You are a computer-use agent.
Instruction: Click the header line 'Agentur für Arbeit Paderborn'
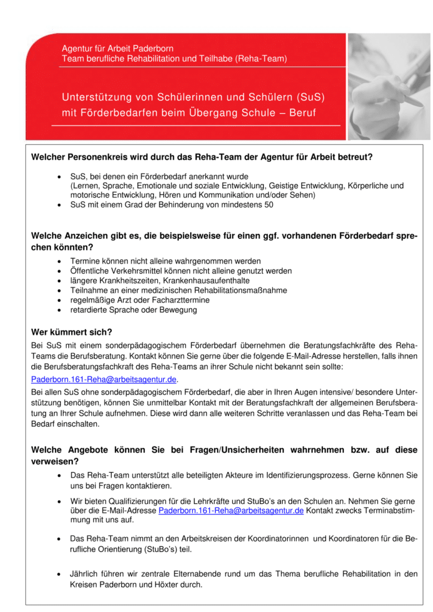point(118,48)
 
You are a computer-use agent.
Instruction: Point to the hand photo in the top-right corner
point(389,86)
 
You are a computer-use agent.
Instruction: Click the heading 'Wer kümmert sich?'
point(71,332)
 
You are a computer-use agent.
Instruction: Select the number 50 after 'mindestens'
point(269,204)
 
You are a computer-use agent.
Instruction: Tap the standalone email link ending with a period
point(104,380)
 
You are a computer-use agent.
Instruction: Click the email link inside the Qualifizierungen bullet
point(231,510)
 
